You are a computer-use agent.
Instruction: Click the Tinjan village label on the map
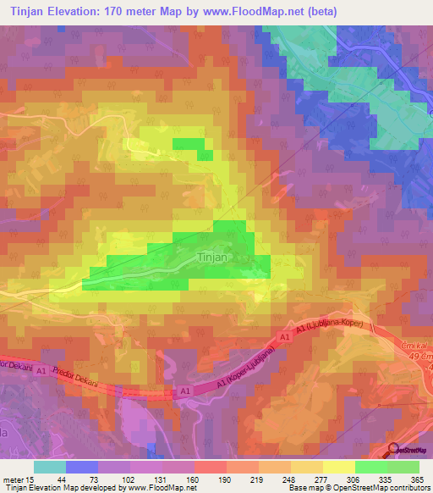(x=211, y=256)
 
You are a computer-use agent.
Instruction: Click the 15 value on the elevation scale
(x=29, y=479)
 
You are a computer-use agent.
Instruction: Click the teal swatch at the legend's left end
(x=50, y=467)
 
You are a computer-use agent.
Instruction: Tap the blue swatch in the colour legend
(x=82, y=467)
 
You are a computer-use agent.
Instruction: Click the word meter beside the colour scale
(x=11, y=479)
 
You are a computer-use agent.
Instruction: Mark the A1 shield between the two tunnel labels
(x=185, y=391)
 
